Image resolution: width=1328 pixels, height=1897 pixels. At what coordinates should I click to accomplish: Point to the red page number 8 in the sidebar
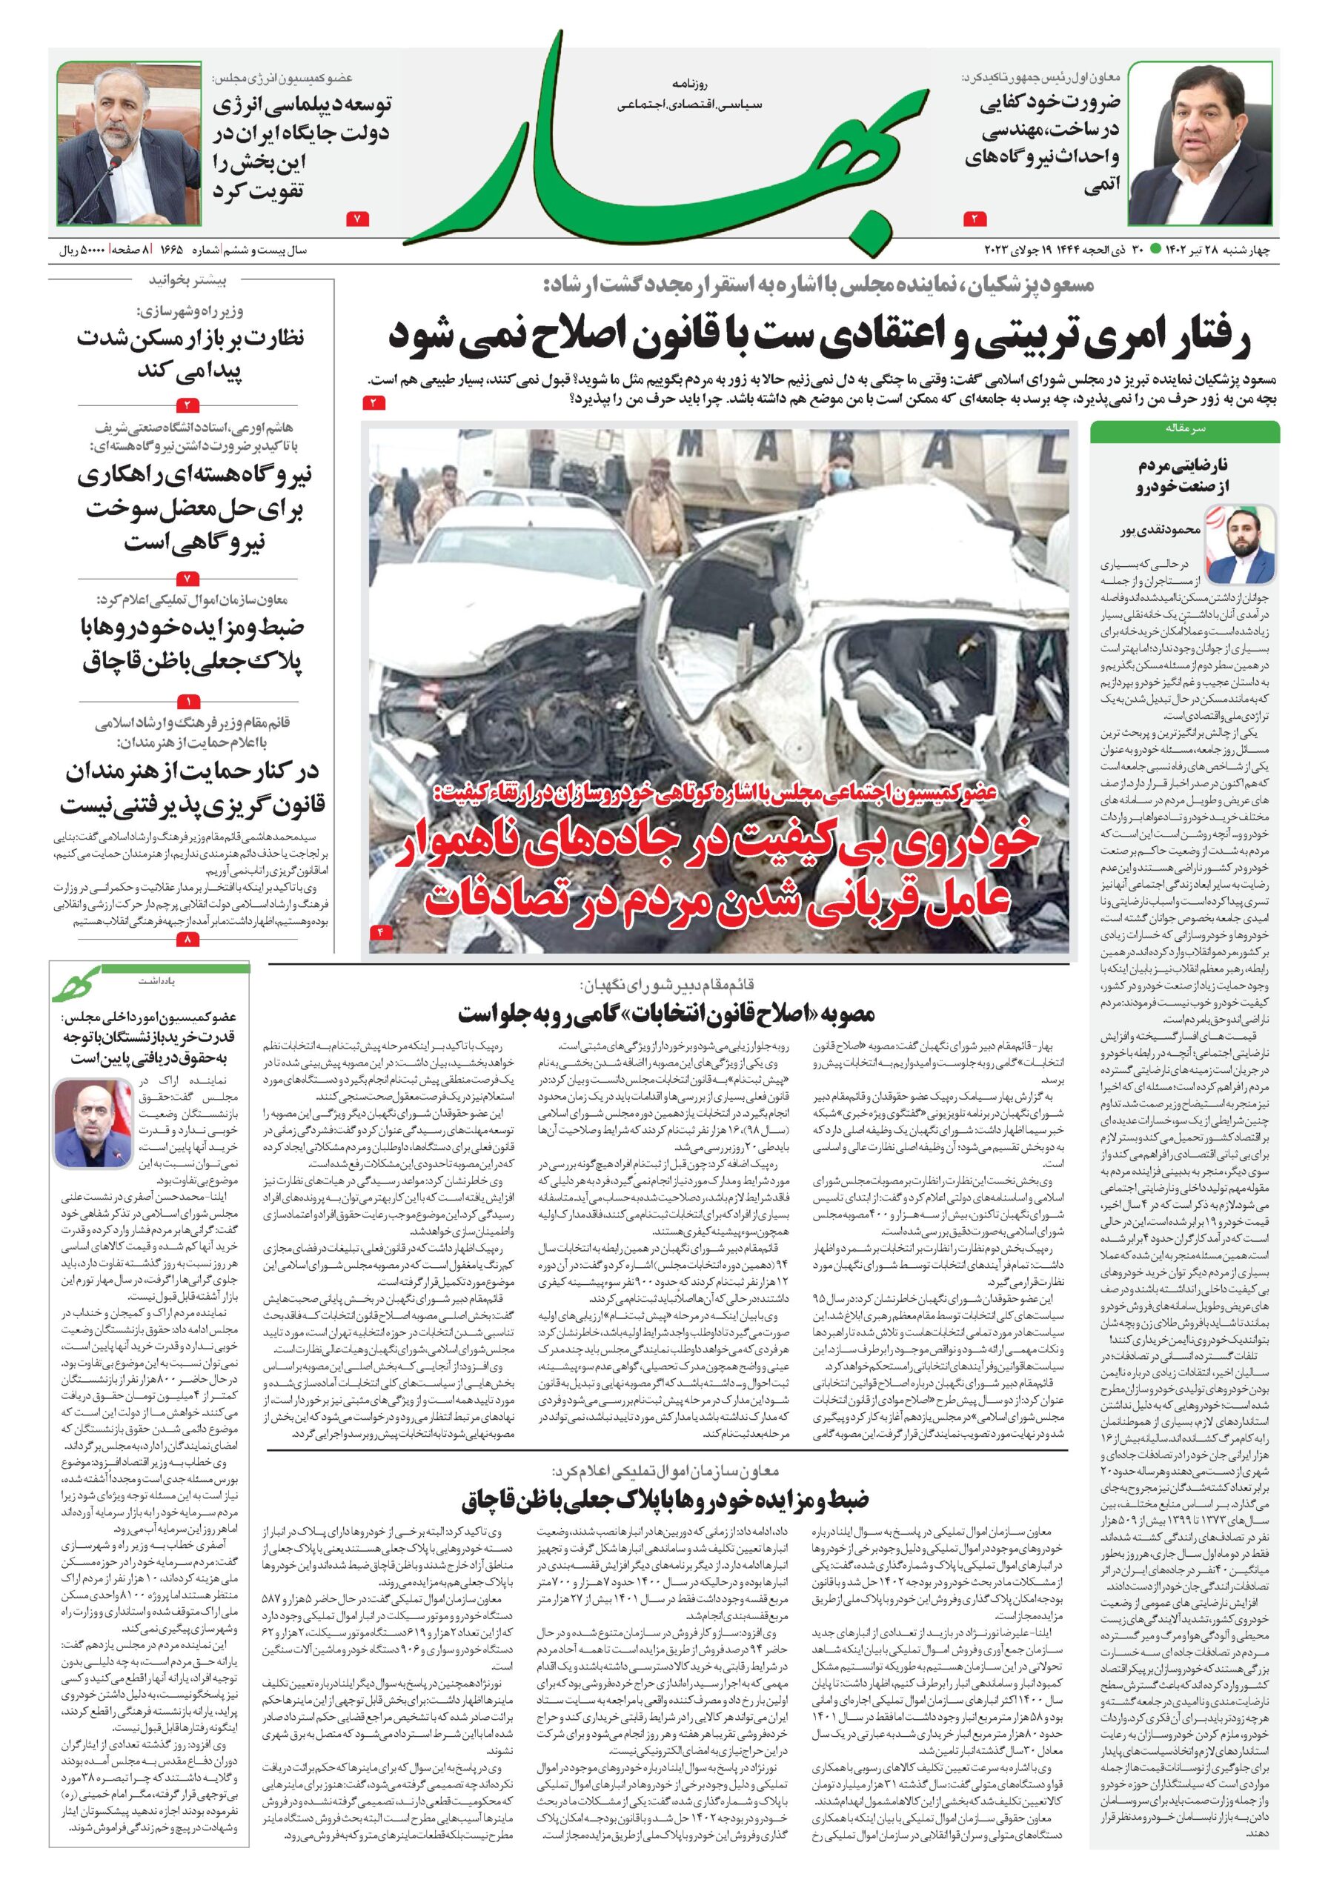click(x=187, y=940)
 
